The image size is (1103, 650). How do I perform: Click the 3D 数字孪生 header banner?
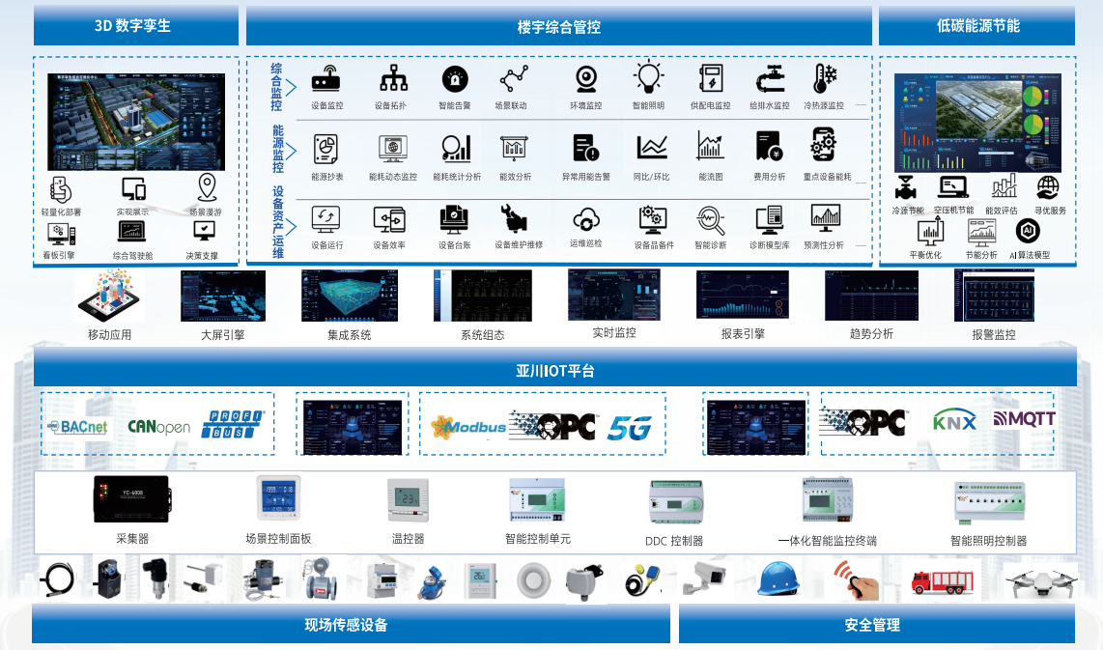135,26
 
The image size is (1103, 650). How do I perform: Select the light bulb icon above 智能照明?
648,78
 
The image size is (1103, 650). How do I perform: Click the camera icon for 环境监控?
585,79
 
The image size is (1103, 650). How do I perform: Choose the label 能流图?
711,178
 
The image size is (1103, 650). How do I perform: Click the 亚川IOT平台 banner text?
554,371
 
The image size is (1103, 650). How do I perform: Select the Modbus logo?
468,426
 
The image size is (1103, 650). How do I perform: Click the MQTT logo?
1024,419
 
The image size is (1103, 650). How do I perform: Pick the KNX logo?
954,420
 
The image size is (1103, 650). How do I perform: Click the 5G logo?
630,428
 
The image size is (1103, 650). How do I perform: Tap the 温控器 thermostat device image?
408,500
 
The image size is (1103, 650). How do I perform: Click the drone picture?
1039,581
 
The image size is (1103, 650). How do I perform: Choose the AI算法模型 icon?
1028,232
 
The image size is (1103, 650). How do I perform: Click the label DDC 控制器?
674,542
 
